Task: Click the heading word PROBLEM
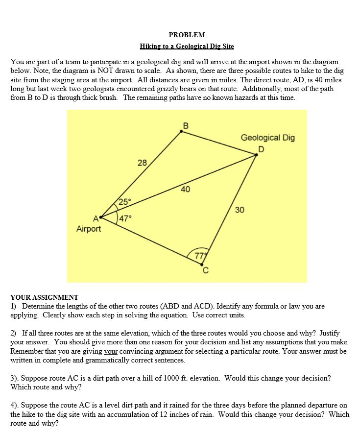click(187, 35)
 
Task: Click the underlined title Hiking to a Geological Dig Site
click(187, 47)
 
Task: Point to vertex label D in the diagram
click(261, 148)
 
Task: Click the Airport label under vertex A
click(89, 229)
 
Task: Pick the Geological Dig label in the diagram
click(267, 138)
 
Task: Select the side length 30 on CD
click(240, 210)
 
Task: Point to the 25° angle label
click(125, 201)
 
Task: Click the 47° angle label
click(125, 218)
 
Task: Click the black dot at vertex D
click(256, 155)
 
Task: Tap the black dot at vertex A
click(101, 216)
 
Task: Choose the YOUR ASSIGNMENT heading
click(44, 297)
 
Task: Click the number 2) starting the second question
click(14, 333)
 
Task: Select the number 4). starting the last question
click(15, 406)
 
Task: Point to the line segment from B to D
click(219, 144)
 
